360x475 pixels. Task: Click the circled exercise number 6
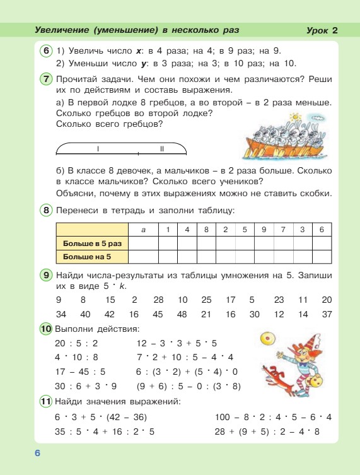(x=46, y=51)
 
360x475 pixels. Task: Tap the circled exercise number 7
(x=46, y=79)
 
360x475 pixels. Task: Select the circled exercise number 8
(x=46, y=209)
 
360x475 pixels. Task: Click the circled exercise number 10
(x=46, y=329)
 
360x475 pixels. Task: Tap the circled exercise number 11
(x=46, y=401)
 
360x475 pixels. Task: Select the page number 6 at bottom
(x=37, y=453)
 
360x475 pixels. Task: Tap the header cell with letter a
(x=144, y=230)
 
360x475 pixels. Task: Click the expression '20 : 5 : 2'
(x=77, y=343)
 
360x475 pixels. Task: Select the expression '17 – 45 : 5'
(x=80, y=372)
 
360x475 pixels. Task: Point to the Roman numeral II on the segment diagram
(x=161, y=149)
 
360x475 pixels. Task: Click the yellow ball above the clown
(x=267, y=339)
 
